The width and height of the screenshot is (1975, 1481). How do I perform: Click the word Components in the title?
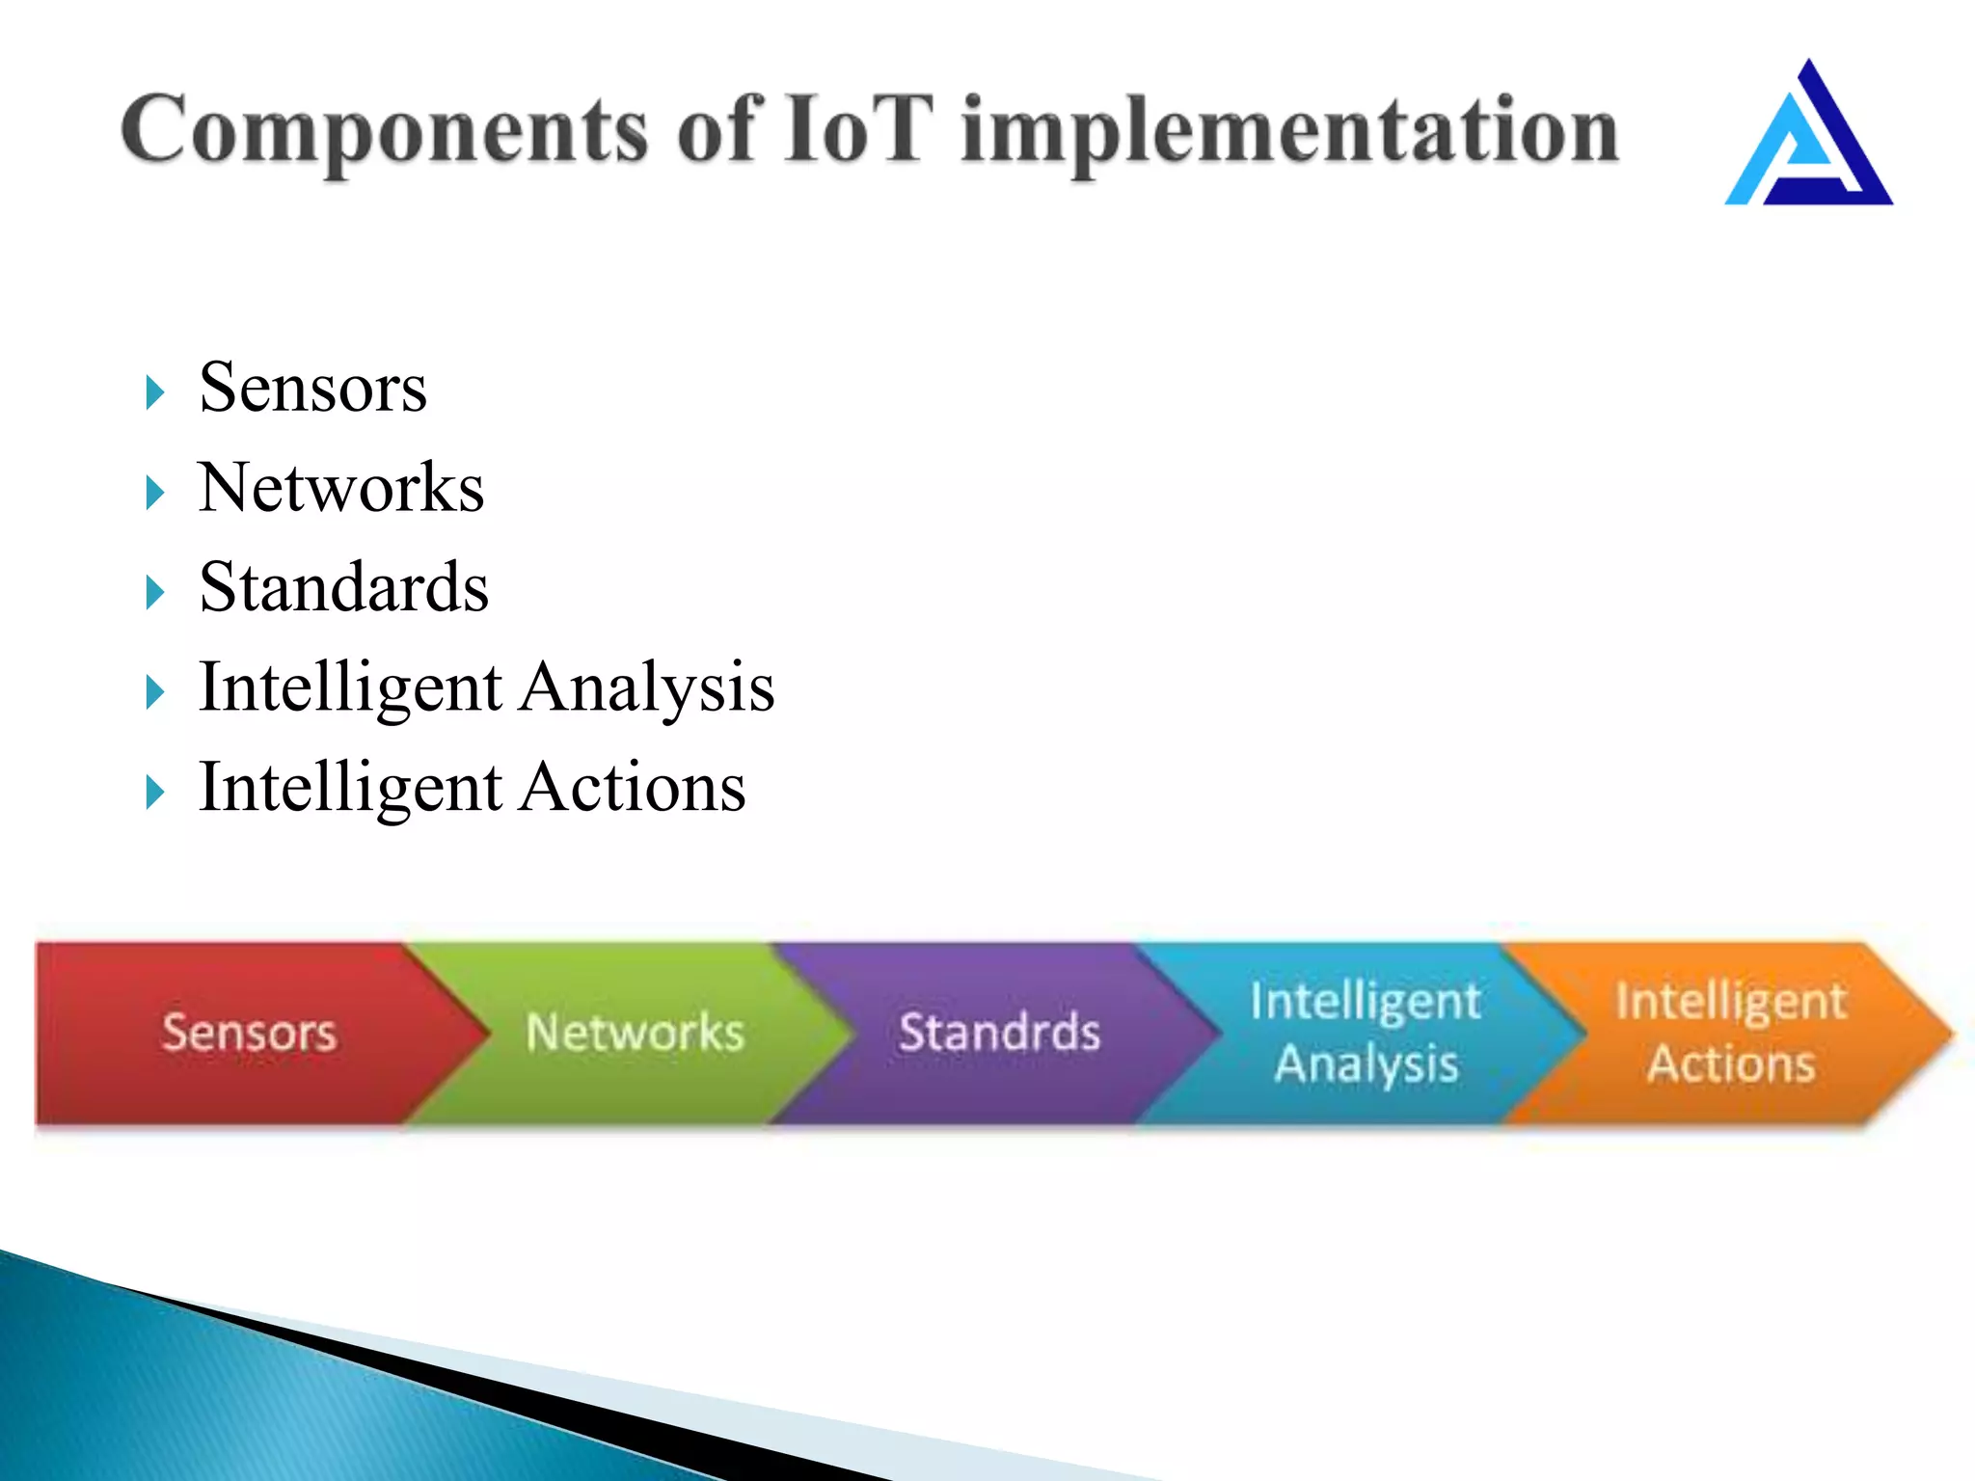coord(384,130)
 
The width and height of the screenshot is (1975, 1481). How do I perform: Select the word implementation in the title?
coord(1289,130)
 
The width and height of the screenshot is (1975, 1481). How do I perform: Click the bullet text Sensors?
coord(312,388)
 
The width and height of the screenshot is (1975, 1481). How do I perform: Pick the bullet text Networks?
coord(340,488)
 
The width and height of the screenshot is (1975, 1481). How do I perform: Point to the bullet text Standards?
coord(343,587)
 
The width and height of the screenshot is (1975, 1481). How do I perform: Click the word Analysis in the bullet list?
coord(648,687)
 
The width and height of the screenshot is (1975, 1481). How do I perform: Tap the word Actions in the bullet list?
coord(634,788)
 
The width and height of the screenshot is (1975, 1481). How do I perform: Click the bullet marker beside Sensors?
coord(154,392)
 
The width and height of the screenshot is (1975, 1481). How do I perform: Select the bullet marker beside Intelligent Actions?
coord(154,793)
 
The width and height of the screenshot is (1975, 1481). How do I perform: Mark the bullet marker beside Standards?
coord(154,592)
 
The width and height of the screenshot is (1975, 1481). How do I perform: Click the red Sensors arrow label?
coord(249,1033)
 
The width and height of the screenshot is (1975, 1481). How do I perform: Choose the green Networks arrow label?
coord(635,1033)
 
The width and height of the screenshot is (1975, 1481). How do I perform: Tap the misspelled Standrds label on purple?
coord(999,1033)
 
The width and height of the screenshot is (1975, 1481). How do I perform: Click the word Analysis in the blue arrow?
coord(1366,1064)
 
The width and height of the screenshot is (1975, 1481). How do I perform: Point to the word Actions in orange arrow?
coord(1731,1064)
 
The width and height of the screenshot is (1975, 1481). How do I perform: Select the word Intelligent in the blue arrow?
coord(1365,1001)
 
